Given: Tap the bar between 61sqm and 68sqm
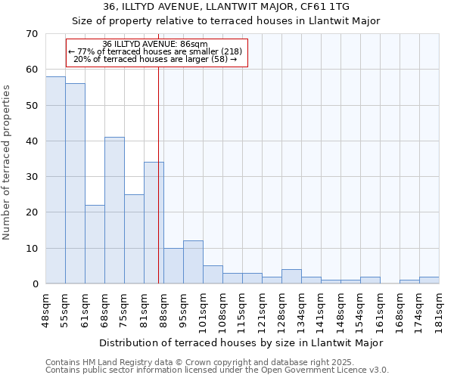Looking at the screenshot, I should (x=95, y=244).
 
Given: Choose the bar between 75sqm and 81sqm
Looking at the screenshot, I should (x=134, y=239).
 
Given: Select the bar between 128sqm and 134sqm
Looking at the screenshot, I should (x=291, y=276).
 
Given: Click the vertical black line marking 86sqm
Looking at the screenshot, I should (x=158, y=189).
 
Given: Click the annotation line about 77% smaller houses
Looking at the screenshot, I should (x=155, y=51).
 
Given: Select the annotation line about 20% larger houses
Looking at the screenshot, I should (x=155, y=59).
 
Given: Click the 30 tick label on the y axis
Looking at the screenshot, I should (x=32, y=177).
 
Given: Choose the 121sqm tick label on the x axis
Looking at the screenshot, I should (x=263, y=306).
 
